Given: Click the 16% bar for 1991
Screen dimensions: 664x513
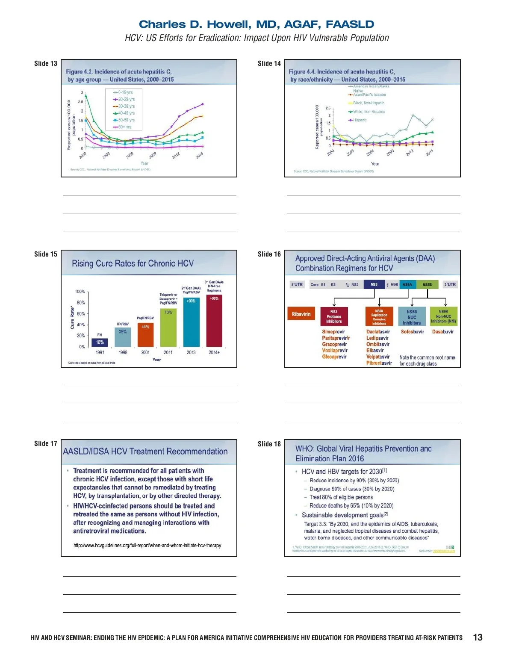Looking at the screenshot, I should tap(100, 342).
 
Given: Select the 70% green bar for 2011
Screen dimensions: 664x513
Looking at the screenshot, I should tap(168, 328).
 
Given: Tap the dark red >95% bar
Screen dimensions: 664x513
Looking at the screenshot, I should tap(214, 321).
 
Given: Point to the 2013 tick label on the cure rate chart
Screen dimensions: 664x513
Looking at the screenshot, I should tap(191, 352).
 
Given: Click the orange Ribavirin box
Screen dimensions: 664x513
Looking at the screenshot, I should tap(301, 314).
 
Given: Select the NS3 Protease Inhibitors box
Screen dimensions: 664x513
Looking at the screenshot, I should tap(334, 316).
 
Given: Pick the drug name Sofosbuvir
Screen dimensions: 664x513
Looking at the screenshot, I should tap(412, 332).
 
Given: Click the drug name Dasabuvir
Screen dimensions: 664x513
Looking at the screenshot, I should tap(442, 332).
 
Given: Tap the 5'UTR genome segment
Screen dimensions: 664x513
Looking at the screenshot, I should tap(297, 285).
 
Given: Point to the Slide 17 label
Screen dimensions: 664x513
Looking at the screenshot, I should tap(46, 444).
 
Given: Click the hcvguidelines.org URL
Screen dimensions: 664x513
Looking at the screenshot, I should tap(147, 546).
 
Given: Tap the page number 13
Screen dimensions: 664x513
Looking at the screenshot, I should tap(478, 637).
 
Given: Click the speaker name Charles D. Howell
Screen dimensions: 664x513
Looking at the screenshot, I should tap(256, 24).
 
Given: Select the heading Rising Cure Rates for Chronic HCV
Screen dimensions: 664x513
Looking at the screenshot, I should tap(133, 263).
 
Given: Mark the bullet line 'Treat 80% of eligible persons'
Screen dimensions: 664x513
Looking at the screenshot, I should tap(341, 497).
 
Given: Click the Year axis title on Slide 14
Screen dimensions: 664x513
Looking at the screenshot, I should tap(375, 164).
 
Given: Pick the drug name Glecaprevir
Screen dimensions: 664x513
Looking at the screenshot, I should tap(334, 357).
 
